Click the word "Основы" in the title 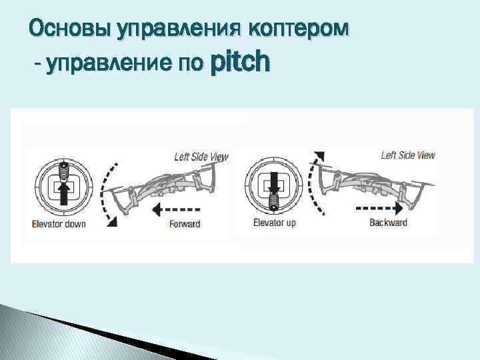[70, 29]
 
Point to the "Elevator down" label [59, 223]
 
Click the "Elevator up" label [274, 223]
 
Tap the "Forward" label [185, 223]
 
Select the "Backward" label [388, 223]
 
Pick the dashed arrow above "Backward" [380, 207]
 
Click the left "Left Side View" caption [201, 157]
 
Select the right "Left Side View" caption [408, 155]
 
